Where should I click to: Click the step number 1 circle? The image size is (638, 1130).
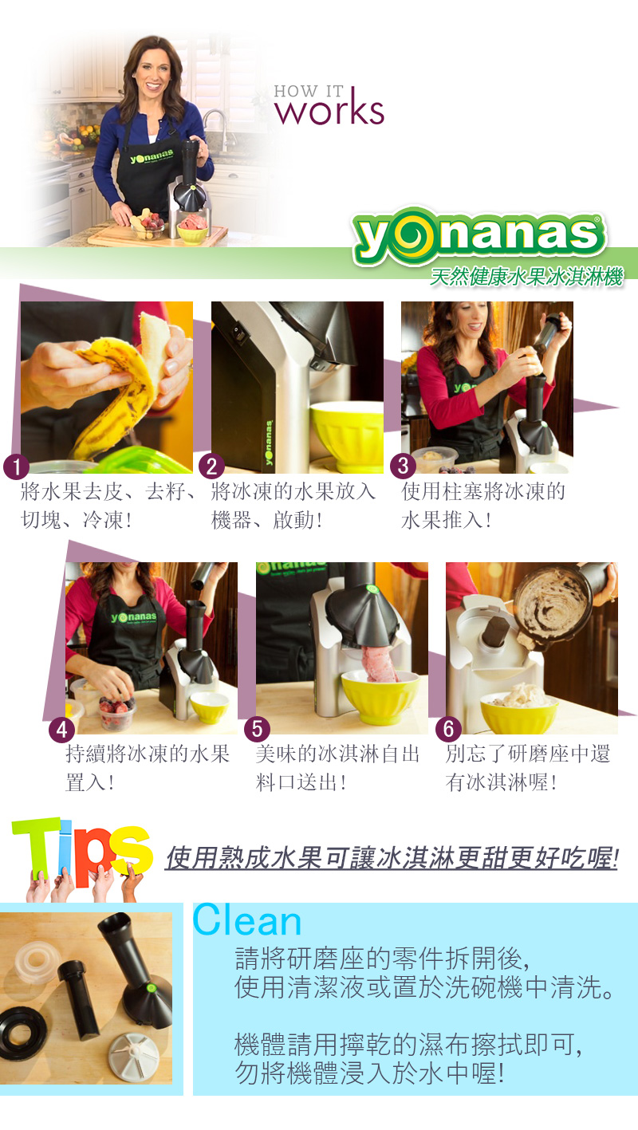tap(16, 467)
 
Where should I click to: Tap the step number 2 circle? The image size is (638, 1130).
tap(211, 467)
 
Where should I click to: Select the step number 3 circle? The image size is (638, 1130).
tap(403, 466)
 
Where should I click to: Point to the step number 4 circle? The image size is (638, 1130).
tap(61, 730)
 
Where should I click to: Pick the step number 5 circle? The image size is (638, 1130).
tap(257, 729)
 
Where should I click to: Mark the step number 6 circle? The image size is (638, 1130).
tap(448, 729)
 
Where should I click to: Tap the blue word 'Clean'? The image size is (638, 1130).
tap(247, 920)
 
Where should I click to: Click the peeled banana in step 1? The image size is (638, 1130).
tap(126, 384)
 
